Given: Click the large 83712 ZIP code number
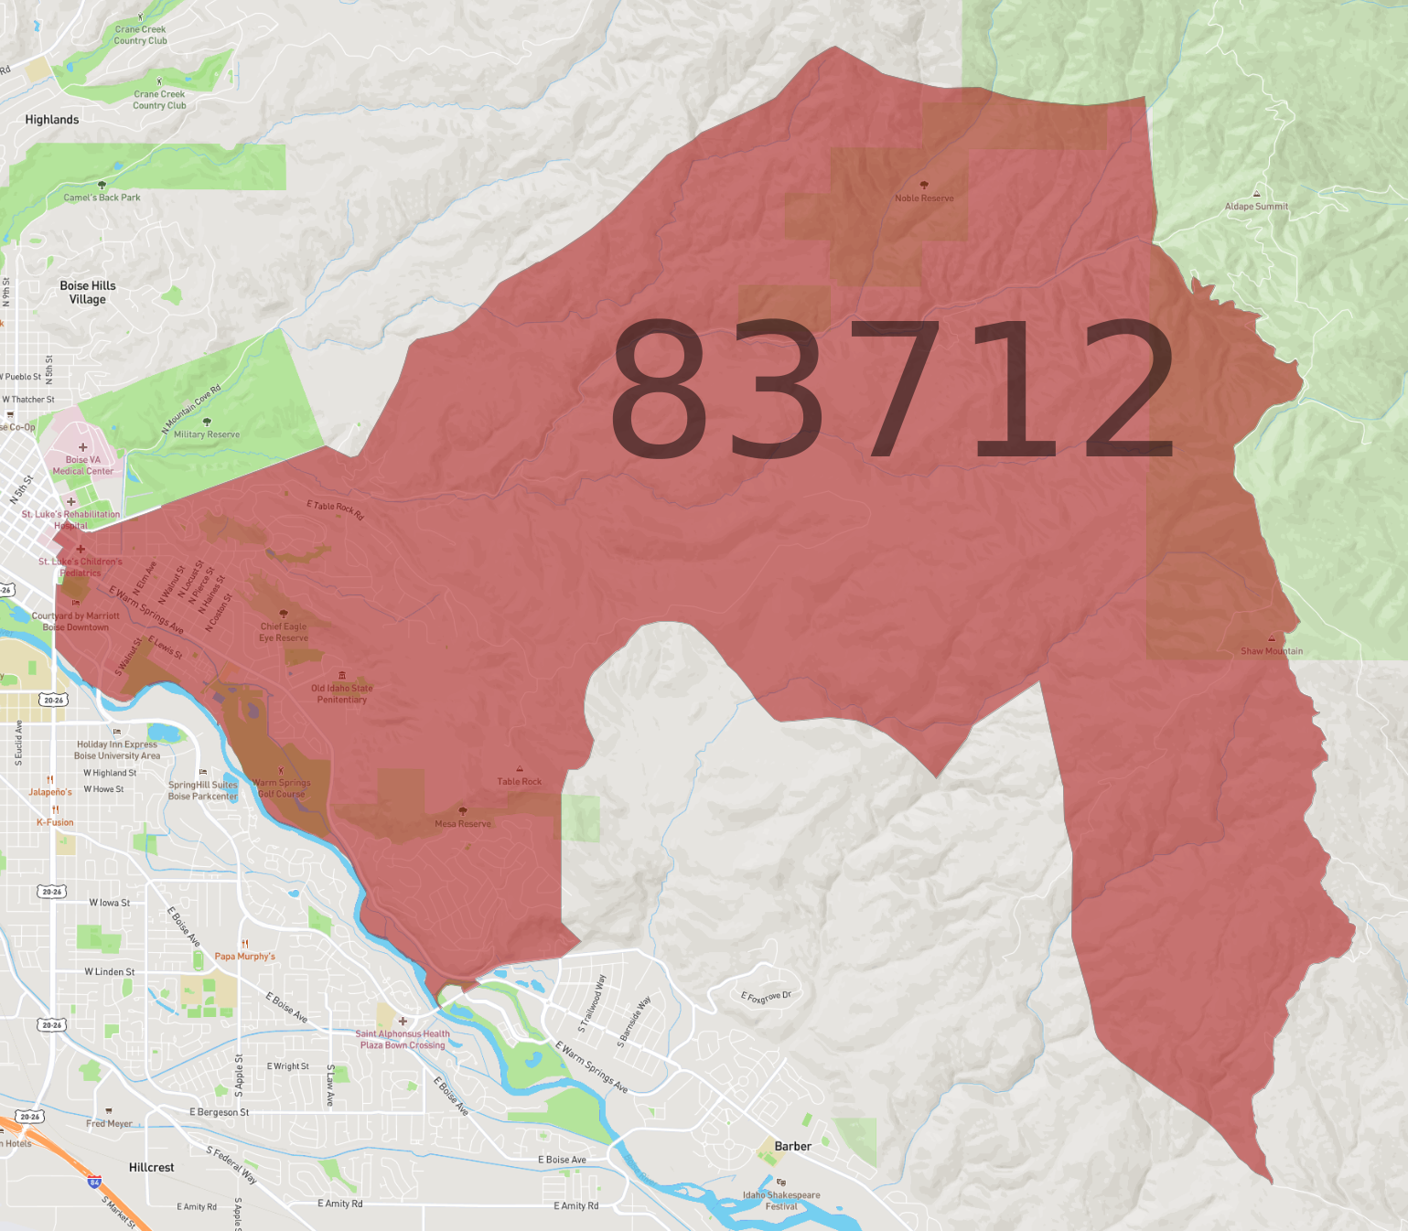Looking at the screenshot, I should click(892, 389).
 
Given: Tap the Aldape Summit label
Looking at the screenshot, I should click(1256, 206).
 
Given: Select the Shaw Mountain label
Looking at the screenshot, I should click(1271, 651).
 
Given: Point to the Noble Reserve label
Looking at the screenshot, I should click(924, 198).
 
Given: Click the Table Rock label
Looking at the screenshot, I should click(519, 781).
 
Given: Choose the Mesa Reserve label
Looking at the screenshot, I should click(463, 823).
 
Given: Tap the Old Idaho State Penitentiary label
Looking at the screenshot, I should click(342, 693).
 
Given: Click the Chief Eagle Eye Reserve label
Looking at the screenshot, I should click(284, 632).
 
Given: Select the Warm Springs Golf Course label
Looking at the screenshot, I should click(282, 788).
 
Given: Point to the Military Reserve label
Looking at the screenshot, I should click(207, 434).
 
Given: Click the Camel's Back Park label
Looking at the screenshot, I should click(102, 197).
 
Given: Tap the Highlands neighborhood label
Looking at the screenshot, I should click(52, 120).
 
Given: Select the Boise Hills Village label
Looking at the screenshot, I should click(88, 293).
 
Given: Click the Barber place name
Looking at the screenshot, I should click(792, 1146).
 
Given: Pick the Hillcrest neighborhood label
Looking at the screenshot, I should click(151, 1167).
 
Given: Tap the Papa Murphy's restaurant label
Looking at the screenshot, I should click(244, 956).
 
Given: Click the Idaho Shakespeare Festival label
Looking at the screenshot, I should click(781, 1200).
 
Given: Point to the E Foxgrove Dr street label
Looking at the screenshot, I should click(766, 997).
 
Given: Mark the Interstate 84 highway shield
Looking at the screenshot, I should click(94, 1182).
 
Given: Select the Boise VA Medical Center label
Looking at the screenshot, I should click(83, 466).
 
